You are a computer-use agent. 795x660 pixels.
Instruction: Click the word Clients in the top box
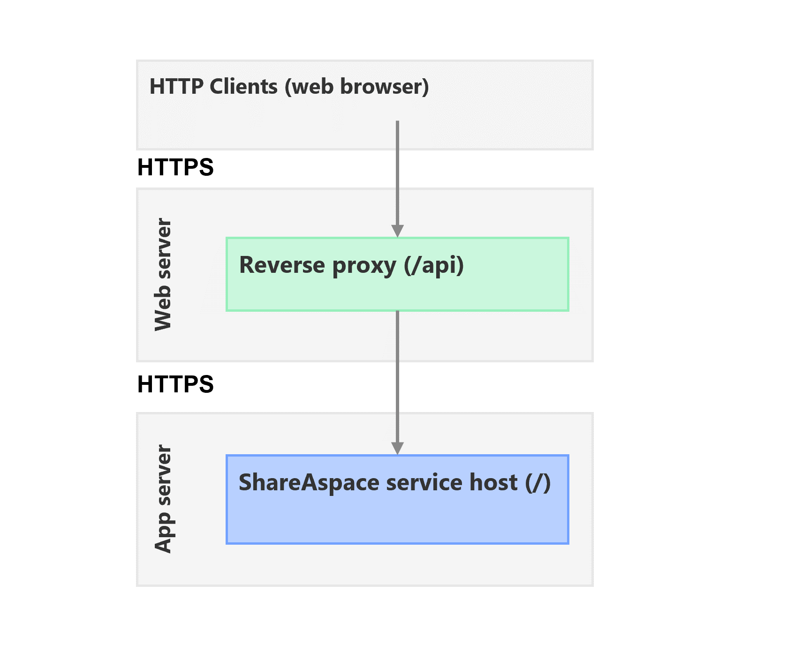[x=243, y=87]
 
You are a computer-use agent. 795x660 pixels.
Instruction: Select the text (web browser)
[x=356, y=87]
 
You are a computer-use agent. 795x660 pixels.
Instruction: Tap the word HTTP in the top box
[x=176, y=87]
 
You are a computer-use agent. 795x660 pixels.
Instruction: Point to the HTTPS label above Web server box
[x=175, y=167]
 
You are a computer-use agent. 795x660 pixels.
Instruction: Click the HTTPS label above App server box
[x=175, y=384]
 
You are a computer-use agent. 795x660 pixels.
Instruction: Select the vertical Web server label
[x=163, y=275]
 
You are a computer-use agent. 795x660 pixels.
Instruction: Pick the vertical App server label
[x=163, y=499]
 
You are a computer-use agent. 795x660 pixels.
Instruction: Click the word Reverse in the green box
[x=282, y=265]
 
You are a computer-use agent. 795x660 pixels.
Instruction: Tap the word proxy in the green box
[x=364, y=266]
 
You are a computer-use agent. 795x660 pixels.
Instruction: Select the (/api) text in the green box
[x=434, y=265]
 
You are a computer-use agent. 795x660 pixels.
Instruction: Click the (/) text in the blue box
[x=538, y=483]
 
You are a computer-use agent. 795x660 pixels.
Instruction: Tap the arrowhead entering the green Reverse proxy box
[x=397, y=231]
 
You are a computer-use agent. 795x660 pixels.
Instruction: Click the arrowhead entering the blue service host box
[x=397, y=448]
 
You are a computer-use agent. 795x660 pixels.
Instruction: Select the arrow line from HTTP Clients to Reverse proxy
[x=397, y=178]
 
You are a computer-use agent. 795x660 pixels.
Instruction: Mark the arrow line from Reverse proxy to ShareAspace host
[x=397, y=375]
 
